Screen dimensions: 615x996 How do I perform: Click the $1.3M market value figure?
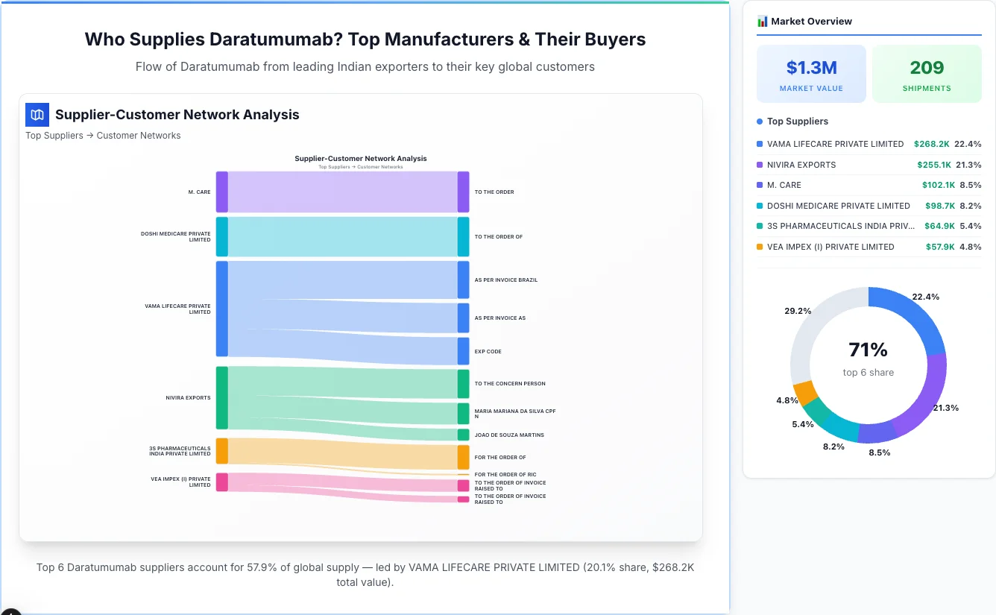pos(811,68)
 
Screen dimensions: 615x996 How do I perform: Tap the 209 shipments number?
pos(927,68)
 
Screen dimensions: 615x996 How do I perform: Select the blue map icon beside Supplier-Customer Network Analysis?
pos(37,115)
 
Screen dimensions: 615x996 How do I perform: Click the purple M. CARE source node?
pos(221,192)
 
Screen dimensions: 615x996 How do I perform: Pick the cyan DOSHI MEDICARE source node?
pos(221,236)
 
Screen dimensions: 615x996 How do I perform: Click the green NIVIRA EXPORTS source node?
pos(221,398)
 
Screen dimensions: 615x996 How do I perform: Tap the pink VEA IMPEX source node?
pos(221,482)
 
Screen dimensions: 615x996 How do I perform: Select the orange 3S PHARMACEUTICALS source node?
pos(221,451)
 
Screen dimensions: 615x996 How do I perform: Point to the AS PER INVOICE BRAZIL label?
pos(505,280)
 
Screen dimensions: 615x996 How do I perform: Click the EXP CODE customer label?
pos(488,352)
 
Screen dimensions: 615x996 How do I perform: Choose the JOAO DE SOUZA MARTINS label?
pos(509,435)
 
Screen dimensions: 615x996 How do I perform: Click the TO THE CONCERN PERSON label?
pos(510,384)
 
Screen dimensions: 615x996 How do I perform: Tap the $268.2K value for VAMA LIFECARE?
pos(933,144)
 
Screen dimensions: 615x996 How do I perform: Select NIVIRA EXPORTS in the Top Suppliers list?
pos(801,165)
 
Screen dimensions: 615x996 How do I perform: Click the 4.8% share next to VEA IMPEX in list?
pos(970,247)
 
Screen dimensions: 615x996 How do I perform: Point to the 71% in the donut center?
pos(868,350)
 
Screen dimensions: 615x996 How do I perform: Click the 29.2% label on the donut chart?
pos(798,311)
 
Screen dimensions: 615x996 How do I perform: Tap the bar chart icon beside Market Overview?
pos(762,22)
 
